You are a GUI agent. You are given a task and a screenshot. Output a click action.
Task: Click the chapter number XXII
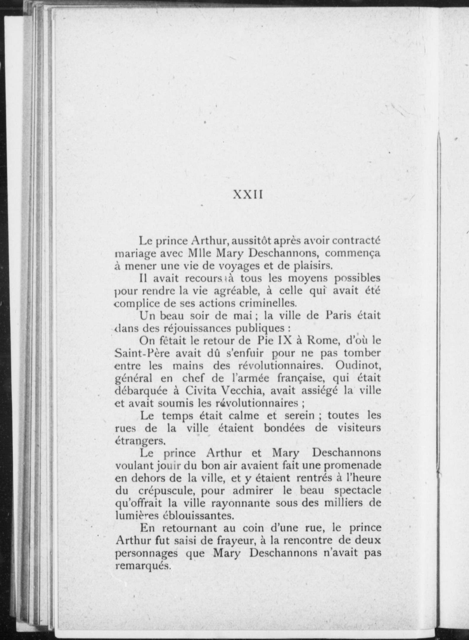click(248, 195)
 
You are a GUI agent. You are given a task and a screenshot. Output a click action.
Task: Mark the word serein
click(299, 415)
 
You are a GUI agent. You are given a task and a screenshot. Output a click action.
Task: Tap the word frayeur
click(232, 541)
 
